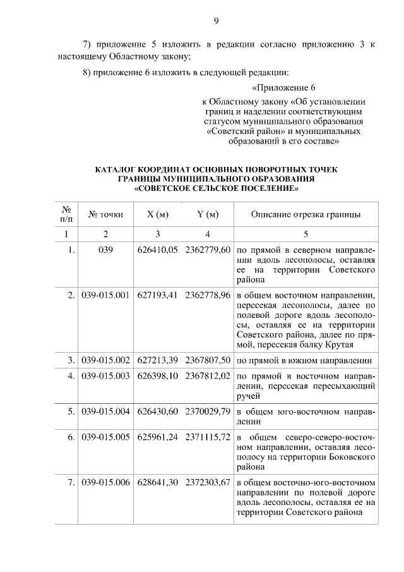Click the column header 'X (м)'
tap(157, 214)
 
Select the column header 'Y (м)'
tap(208, 214)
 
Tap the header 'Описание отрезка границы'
tap(306, 214)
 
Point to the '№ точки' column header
tap(105, 214)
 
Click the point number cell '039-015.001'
tap(105, 295)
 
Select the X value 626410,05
tap(157, 250)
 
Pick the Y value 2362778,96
tap(208, 295)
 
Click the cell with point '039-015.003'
tap(105, 375)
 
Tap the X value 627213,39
tap(157, 360)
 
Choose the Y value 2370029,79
tap(208, 411)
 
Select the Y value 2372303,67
tap(208, 483)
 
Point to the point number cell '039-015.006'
tap(105, 483)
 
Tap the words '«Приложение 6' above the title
tap(283, 87)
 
